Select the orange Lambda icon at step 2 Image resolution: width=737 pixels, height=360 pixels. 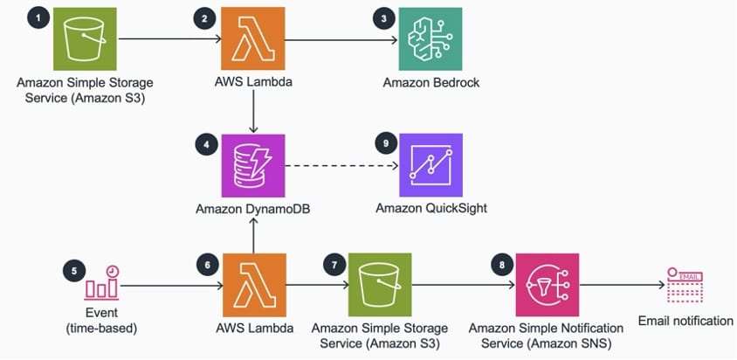click(252, 40)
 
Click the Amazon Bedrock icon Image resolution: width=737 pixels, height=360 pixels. click(430, 40)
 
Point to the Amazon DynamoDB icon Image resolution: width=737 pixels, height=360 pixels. click(252, 166)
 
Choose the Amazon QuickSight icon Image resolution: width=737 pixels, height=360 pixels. click(430, 166)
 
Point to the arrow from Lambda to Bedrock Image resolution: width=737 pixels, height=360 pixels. click(341, 40)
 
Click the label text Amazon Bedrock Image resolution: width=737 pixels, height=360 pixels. click(431, 83)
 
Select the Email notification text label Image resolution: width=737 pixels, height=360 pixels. click(685, 321)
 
